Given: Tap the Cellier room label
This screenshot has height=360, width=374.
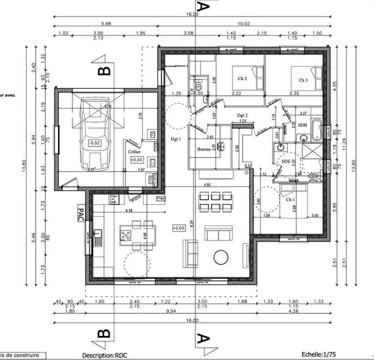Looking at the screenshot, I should (x=135, y=152).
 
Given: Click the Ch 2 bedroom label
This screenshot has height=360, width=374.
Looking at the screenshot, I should (x=242, y=79).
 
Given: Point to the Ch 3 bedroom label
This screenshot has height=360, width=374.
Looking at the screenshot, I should (x=303, y=80).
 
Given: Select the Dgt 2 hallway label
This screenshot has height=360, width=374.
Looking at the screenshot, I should (x=242, y=115).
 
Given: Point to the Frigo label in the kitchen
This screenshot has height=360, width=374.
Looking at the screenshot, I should (x=160, y=198).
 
